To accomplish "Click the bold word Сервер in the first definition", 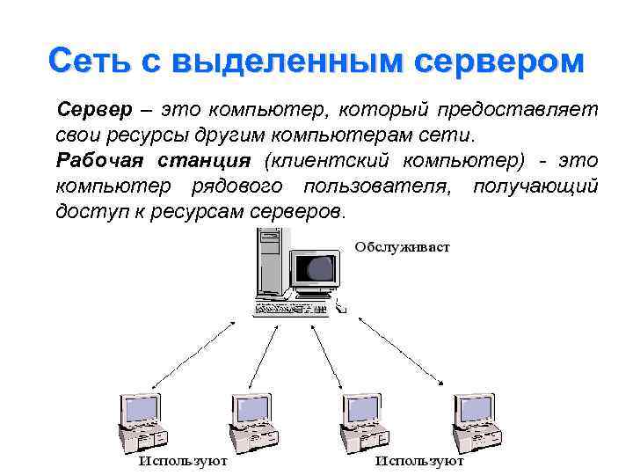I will pos(93,111).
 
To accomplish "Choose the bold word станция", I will pos(204,162).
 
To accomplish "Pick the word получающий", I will pos(535,187).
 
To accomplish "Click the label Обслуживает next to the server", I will pos(402,247).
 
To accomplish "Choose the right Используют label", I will pos(419,460).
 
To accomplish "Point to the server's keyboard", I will pos(290,310).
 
